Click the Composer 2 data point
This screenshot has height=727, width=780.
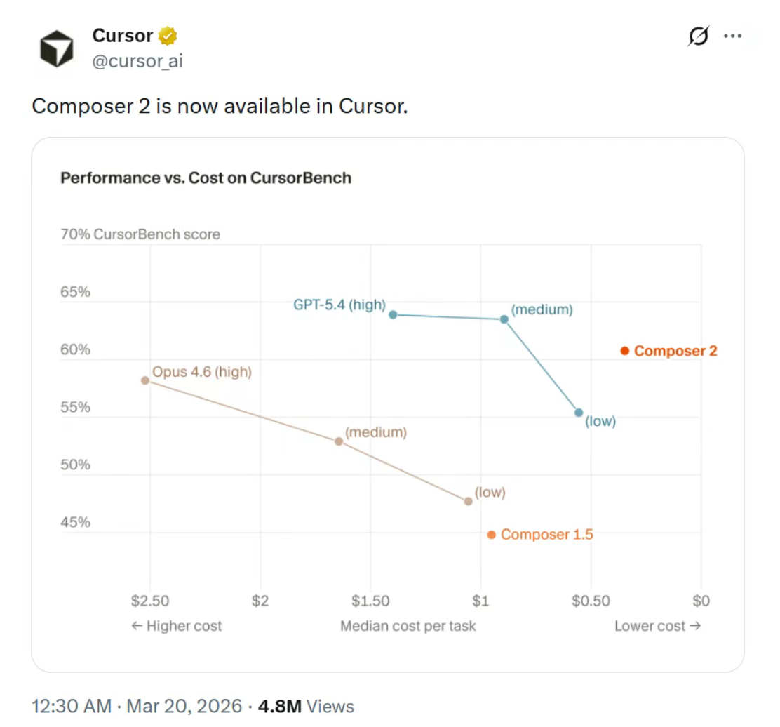click(x=624, y=351)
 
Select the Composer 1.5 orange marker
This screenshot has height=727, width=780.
click(x=491, y=535)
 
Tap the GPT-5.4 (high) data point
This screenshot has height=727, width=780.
click(x=393, y=314)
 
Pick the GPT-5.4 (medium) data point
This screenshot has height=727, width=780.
click(x=504, y=319)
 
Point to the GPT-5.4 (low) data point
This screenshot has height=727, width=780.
click(x=579, y=413)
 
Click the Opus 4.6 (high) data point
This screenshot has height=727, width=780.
click(x=145, y=380)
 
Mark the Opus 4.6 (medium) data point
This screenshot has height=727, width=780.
click(x=339, y=441)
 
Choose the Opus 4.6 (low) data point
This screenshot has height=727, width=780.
click(x=468, y=501)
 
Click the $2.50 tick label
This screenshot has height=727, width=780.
click(x=150, y=601)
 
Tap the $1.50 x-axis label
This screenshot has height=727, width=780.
click(x=370, y=601)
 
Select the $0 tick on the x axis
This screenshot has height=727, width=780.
click(x=701, y=601)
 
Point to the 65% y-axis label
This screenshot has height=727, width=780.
click(x=76, y=292)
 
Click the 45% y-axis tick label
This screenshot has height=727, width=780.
click(x=76, y=522)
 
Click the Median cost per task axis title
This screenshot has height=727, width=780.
click(x=408, y=626)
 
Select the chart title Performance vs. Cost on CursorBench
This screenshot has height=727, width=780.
click(x=206, y=178)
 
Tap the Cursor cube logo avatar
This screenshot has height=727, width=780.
click(x=56, y=48)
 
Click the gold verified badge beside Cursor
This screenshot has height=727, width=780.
click(x=168, y=35)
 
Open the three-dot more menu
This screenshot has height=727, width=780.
click(x=732, y=36)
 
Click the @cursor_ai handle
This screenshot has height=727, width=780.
click(x=137, y=61)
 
